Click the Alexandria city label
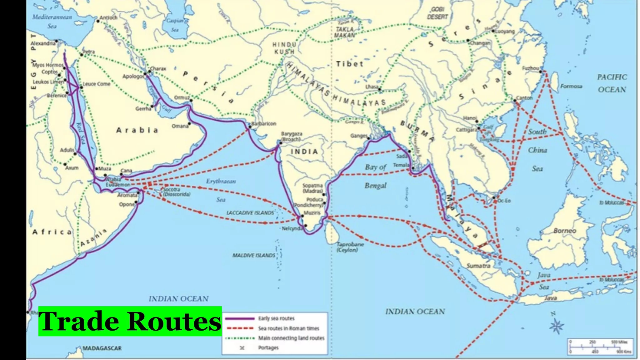pos(43,43)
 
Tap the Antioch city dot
pos(98,21)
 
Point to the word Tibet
pos(350,64)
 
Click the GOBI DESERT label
pos(437,13)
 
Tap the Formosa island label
pos(571,86)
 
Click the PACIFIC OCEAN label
pos(612,83)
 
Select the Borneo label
pos(565,231)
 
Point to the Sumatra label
pos(478,266)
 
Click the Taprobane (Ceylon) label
pos(350,247)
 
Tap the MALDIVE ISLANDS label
pos(253,255)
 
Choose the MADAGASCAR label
pos(102,348)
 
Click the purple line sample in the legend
pos(240,318)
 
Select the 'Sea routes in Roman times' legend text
pos(288,328)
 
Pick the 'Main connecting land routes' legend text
pos(291,338)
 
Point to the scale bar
pos(600,347)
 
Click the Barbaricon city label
pos(264,124)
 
